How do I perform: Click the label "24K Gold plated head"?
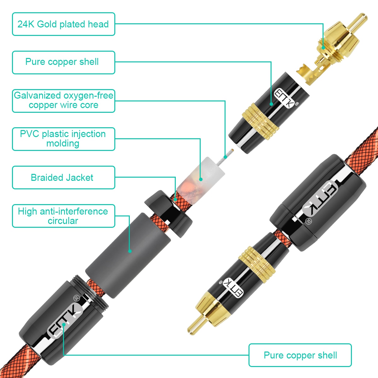(63, 24)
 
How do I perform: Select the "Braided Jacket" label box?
(63, 178)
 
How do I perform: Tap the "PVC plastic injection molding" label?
(63, 139)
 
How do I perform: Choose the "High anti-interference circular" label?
(63, 216)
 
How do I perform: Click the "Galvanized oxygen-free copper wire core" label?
(63, 100)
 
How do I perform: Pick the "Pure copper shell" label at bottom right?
(300, 355)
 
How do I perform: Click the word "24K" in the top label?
(26, 24)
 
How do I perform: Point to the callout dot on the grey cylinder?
(129, 251)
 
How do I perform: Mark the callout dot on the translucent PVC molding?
(201, 179)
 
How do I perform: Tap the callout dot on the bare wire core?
(225, 157)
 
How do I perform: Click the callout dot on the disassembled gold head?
(323, 48)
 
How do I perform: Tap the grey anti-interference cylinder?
(128, 255)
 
